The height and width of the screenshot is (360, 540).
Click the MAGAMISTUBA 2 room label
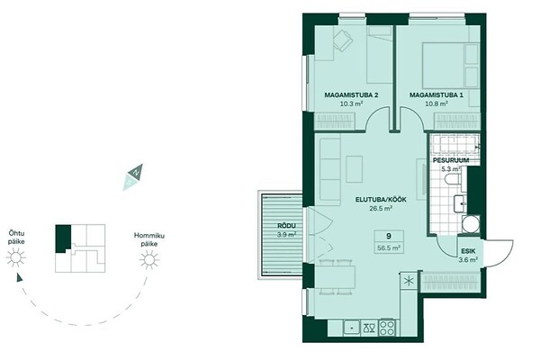(x=351, y=95)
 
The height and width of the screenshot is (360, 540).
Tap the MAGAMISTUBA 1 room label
(x=436, y=95)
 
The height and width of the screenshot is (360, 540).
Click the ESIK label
(x=469, y=251)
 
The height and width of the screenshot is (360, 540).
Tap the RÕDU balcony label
(x=286, y=226)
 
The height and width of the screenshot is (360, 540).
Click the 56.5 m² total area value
(x=389, y=247)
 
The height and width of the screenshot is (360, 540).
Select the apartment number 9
(x=389, y=236)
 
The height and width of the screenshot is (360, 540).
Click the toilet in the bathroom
(x=453, y=179)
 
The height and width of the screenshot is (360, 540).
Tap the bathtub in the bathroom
(x=454, y=145)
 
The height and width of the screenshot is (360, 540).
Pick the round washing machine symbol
(x=471, y=224)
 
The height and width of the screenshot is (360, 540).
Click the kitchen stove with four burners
(x=387, y=328)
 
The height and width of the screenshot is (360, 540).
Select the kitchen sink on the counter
(x=352, y=328)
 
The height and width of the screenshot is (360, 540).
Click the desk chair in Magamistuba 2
(x=343, y=40)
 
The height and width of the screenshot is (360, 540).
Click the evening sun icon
(x=15, y=257)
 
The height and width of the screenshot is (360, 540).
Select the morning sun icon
(x=149, y=259)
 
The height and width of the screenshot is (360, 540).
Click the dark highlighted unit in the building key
(x=63, y=238)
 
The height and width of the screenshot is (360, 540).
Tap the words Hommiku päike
(x=149, y=239)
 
